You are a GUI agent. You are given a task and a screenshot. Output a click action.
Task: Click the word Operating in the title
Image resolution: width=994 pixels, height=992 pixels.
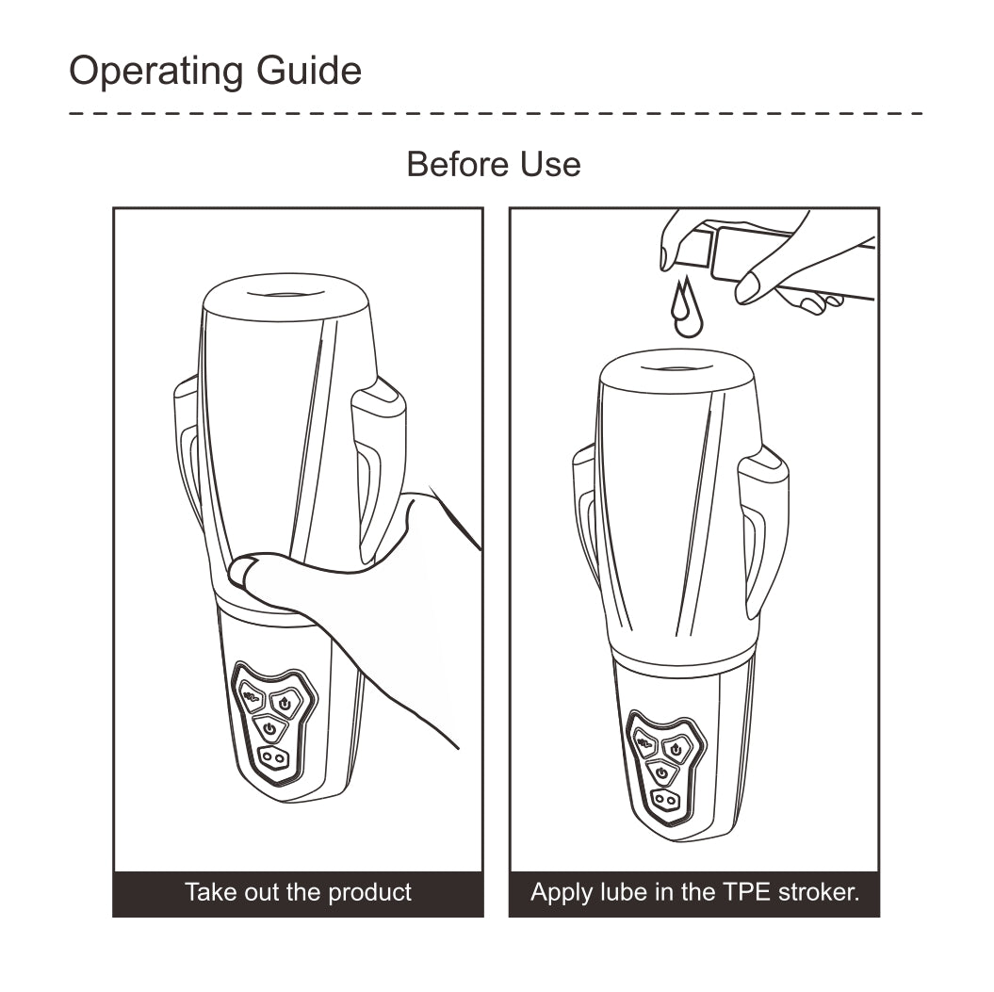(x=156, y=71)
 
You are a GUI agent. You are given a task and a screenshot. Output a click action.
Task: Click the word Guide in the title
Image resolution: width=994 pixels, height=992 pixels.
(x=309, y=70)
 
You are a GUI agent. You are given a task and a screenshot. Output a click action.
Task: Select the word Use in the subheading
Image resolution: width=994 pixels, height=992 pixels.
(x=550, y=164)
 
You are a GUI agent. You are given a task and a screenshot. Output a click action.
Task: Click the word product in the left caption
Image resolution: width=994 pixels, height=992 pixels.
(x=370, y=892)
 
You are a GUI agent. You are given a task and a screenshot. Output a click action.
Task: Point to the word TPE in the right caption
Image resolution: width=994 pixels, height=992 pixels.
(x=747, y=892)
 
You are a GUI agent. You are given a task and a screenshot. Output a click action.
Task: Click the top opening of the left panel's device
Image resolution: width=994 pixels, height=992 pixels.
(x=285, y=294)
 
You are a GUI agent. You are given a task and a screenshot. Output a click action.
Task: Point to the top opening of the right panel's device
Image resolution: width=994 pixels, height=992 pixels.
(x=677, y=368)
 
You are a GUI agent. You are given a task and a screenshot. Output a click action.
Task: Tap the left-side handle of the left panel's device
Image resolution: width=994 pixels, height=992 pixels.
(x=187, y=450)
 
